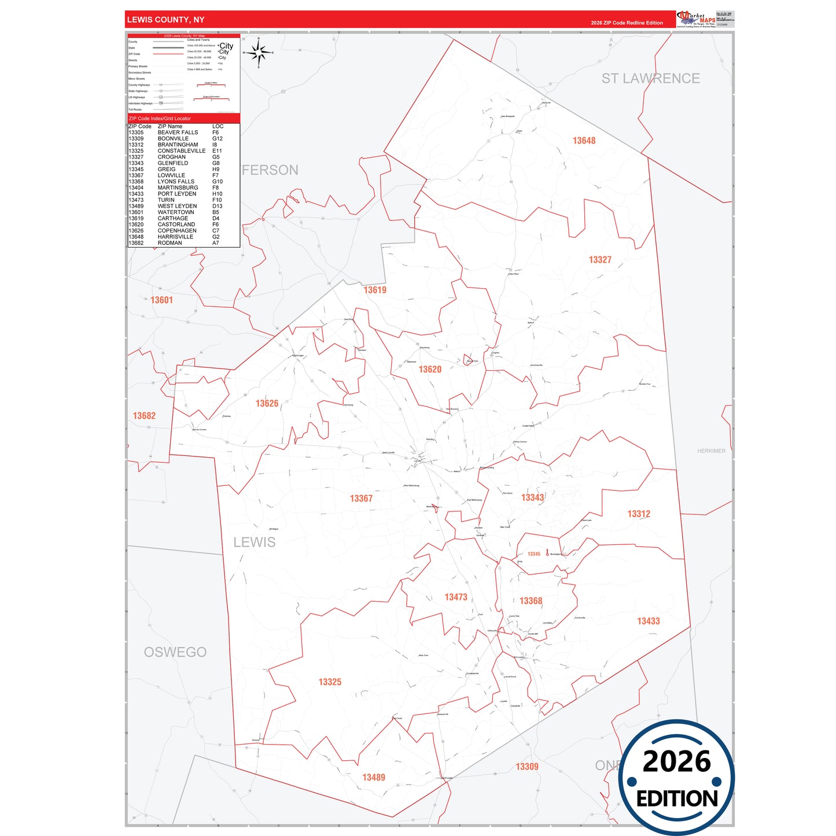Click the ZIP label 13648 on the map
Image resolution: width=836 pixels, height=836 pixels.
tap(584, 141)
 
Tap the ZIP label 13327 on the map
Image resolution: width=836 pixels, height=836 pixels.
tap(600, 260)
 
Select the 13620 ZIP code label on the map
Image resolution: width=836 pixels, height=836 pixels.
tap(430, 369)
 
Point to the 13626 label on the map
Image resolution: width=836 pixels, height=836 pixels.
tap(267, 403)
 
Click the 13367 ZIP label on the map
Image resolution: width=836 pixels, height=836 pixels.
tap(361, 498)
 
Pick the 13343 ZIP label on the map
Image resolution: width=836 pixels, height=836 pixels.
tap(532, 498)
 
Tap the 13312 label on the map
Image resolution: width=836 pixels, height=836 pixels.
tap(639, 514)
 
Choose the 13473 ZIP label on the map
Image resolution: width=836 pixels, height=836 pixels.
tap(455, 597)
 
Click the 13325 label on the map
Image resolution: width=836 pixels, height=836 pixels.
tap(330, 682)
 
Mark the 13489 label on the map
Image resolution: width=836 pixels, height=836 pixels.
tap(374, 778)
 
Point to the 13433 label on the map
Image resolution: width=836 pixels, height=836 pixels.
tap(648, 621)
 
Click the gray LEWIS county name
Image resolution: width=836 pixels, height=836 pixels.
tap(255, 542)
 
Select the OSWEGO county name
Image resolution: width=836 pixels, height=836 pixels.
tap(175, 652)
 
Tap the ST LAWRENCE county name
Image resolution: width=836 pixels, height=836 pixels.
tap(650, 79)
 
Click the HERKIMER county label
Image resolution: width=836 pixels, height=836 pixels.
tap(711, 451)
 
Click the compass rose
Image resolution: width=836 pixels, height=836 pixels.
tap(259, 53)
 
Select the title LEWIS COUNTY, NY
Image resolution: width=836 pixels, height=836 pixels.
tap(165, 20)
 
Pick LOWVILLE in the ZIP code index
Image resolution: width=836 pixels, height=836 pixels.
tap(171, 175)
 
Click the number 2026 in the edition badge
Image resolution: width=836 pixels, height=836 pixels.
tap(676, 761)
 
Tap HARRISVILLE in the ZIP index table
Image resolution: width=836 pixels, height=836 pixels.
tap(175, 237)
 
